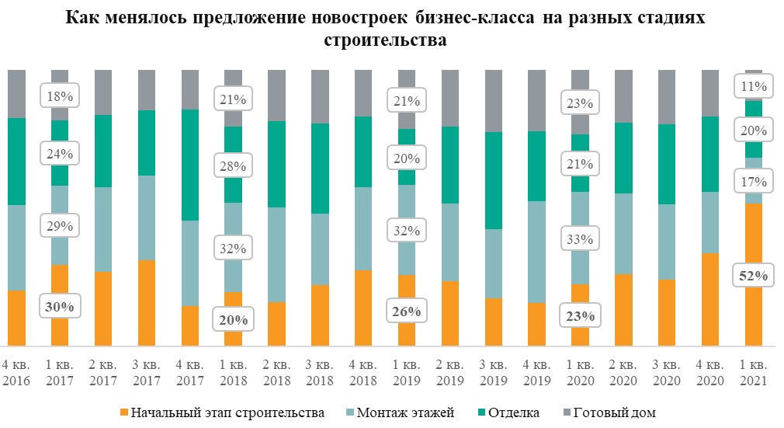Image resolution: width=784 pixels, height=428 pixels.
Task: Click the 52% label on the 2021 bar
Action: (754, 276)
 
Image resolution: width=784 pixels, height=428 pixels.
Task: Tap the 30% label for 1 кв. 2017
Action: (60, 307)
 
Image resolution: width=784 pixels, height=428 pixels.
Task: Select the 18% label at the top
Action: (60, 97)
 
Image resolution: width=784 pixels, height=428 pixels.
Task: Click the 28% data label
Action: (233, 166)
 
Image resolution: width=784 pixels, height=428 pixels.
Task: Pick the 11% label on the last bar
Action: (754, 86)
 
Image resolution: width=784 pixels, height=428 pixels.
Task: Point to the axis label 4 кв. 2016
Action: (16, 373)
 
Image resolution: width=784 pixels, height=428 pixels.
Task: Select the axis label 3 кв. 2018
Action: (320, 373)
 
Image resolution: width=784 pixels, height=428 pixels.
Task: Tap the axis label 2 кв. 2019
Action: (450, 373)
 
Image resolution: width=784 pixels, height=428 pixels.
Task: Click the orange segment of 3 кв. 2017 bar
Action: (147, 303)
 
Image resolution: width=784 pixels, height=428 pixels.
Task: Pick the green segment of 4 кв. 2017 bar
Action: (190, 165)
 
